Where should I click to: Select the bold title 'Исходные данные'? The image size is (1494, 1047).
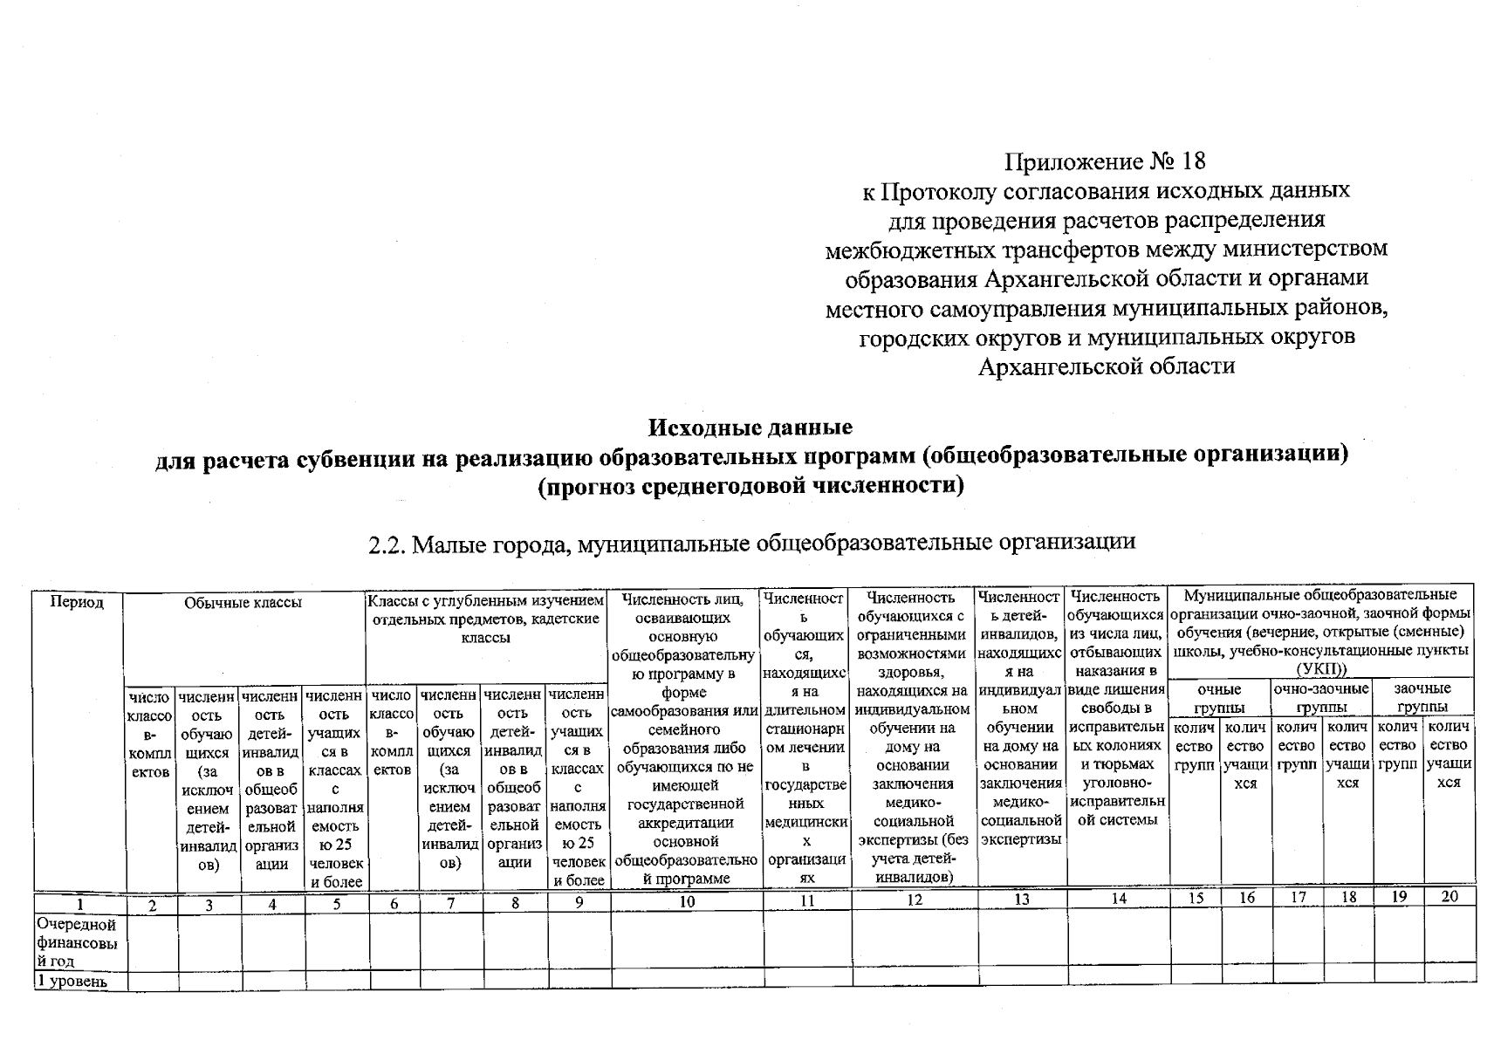[x=750, y=428]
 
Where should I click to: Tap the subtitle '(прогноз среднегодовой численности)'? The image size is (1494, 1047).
[x=750, y=485]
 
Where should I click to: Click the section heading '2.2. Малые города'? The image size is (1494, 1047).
[x=751, y=543]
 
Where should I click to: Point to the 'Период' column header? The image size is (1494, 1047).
[x=77, y=602]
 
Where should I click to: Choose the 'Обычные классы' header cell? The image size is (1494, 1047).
[x=243, y=602]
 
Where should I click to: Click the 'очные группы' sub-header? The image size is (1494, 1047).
[x=1219, y=698]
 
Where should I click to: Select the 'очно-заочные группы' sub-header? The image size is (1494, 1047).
[x=1321, y=698]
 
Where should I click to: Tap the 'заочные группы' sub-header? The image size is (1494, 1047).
[x=1422, y=698]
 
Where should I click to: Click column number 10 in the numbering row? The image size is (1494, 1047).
[x=687, y=901]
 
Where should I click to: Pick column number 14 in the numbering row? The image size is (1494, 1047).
[x=1118, y=899]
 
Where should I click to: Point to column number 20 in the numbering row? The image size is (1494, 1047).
[x=1449, y=896]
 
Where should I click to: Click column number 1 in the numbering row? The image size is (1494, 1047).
[x=79, y=904]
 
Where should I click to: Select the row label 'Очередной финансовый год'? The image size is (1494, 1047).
[x=77, y=942]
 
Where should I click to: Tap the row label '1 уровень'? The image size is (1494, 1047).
[x=72, y=982]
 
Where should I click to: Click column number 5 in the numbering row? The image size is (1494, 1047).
[x=337, y=904]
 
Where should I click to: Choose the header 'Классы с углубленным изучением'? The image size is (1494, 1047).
[x=485, y=619]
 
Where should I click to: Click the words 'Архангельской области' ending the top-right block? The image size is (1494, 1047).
[x=1106, y=366]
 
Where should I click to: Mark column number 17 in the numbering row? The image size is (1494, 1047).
[x=1298, y=897]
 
